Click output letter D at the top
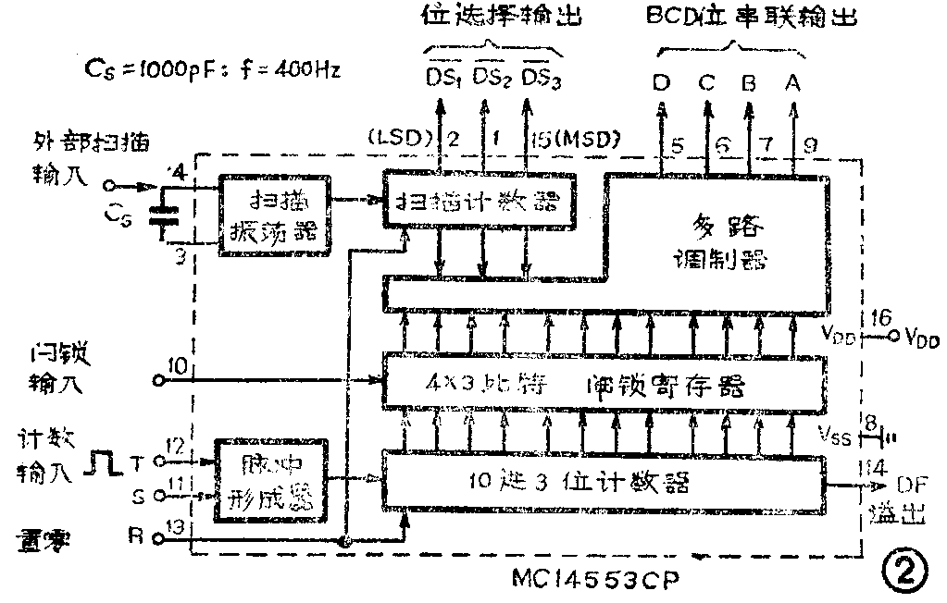coord(661,82)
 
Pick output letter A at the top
coord(792,82)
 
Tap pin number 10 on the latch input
coord(178,367)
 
